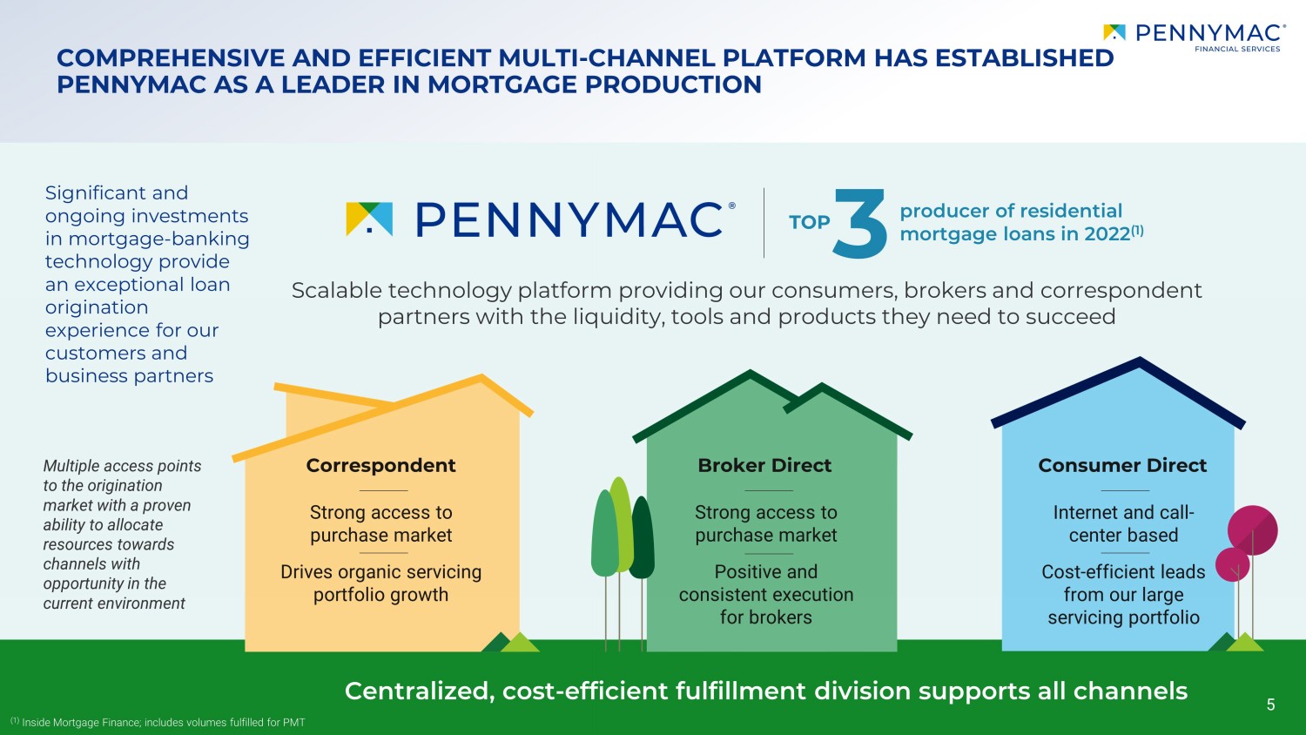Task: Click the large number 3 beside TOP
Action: click(860, 224)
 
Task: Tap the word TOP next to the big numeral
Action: click(810, 222)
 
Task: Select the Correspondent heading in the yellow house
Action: click(380, 466)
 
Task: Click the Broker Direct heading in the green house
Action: click(764, 466)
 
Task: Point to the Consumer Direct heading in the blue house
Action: click(1122, 466)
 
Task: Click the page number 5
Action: click(1270, 705)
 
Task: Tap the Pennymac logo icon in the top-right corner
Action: click(1114, 33)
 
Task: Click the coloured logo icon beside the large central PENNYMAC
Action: click(369, 219)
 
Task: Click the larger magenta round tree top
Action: click(1253, 529)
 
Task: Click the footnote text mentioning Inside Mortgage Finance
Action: click(163, 722)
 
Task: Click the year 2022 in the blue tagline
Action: click(1107, 234)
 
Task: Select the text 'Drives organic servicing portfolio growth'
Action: click(380, 583)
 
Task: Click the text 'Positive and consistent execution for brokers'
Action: click(765, 595)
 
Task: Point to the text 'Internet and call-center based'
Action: click(1123, 524)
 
